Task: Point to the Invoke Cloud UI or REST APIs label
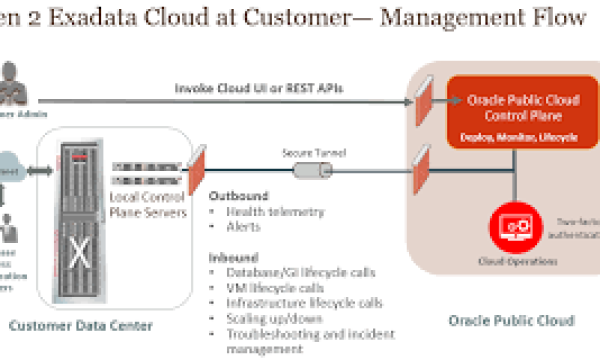pyautogui.click(x=258, y=88)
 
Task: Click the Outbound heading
pyautogui.click(x=238, y=195)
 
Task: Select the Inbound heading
pyautogui.click(x=233, y=258)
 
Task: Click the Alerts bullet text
pyautogui.click(x=243, y=226)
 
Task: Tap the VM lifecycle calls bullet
pyautogui.click(x=274, y=288)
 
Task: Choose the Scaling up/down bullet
pyautogui.click(x=274, y=318)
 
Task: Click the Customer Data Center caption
pyautogui.click(x=80, y=326)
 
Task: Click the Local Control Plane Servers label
pyautogui.click(x=147, y=204)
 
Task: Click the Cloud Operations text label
pyautogui.click(x=517, y=261)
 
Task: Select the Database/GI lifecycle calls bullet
pyautogui.click(x=300, y=273)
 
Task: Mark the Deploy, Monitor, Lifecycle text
pyautogui.click(x=519, y=137)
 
